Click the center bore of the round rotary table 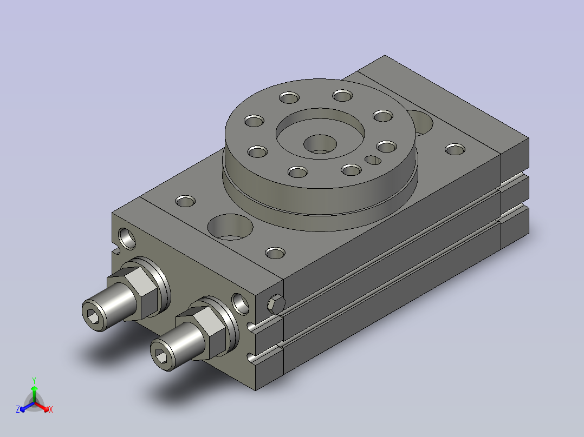[x=320, y=144]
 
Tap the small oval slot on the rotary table [x=373, y=160]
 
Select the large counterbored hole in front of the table [x=230, y=227]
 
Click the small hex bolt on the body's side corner [x=276, y=303]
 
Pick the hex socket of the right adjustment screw [x=161, y=355]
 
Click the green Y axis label [x=34, y=380]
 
